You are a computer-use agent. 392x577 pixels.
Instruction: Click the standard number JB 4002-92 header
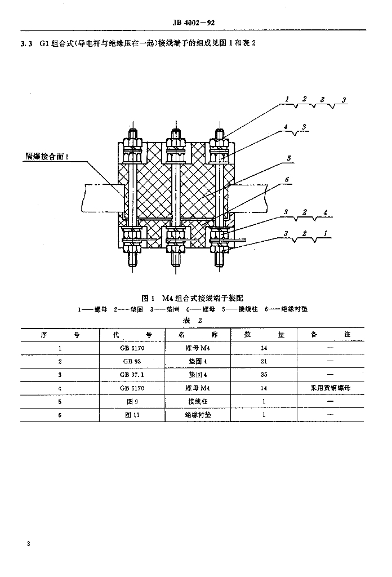[193, 23]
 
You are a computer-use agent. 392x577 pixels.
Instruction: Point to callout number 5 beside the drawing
[288, 159]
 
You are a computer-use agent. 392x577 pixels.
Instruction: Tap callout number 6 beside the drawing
[287, 180]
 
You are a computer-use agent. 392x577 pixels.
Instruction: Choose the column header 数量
[263, 334]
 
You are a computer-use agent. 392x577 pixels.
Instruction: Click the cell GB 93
[132, 361]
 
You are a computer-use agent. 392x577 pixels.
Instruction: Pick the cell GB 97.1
[132, 374]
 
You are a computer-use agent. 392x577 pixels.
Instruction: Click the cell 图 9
[132, 402]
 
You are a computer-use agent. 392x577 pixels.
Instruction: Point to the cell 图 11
[132, 415]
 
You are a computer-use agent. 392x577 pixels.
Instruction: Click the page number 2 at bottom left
[28, 544]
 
